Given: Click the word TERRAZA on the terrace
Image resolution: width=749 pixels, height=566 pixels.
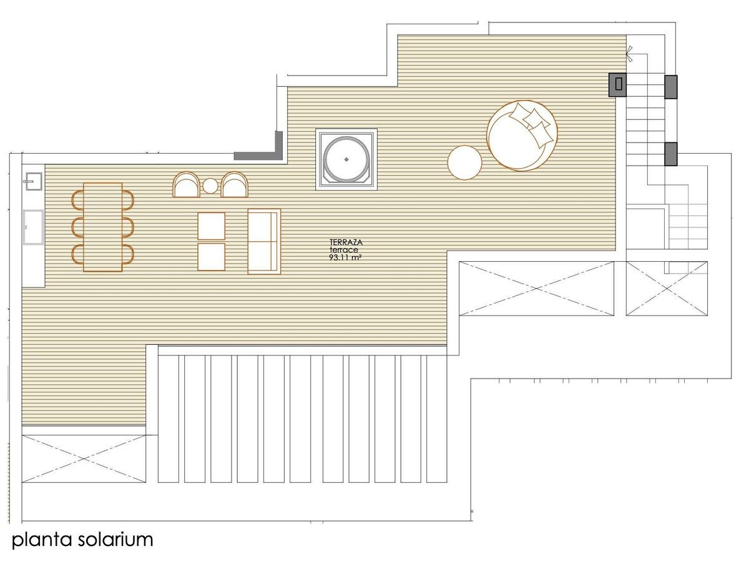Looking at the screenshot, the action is click(x=345, y=242).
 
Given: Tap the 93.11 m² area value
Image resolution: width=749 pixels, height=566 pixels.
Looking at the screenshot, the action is click(x=345, y=257).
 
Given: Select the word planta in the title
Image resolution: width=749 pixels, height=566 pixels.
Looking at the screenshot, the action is click(x=42, y=540).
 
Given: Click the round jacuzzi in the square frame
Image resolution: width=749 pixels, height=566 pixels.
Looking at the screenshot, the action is click(x=346, y=159).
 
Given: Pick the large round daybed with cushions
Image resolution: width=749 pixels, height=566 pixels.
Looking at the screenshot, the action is click(x=522, y=136).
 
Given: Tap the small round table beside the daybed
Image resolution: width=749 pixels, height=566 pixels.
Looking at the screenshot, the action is click(x=464, y=162).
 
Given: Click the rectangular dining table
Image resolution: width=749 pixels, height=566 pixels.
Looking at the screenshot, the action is click(x=102, y=227).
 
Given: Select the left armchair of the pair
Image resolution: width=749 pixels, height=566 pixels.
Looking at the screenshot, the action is click(x=186, y=185).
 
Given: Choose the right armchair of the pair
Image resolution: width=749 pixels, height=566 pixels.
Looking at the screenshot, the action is click(x=234, y=185).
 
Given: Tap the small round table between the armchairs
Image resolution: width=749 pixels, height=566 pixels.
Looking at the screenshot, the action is click(x=210, y=186).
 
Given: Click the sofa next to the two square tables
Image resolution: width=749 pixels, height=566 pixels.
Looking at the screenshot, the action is click(x=264, y=241).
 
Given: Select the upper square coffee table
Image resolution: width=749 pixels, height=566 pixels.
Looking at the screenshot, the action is click(x=211, y=226).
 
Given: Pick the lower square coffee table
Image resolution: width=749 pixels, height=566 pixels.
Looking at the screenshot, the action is click(x=211, y=257).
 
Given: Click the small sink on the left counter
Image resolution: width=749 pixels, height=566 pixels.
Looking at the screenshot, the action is click(x=33, y=181).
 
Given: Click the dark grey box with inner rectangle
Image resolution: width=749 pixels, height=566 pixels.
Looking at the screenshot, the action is click(x=617, y=85).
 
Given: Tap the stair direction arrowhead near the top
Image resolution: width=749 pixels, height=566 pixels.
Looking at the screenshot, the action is click(x=628, y=54).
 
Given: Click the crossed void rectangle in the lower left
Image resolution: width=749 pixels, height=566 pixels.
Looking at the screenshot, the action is click(x=84, y=459).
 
